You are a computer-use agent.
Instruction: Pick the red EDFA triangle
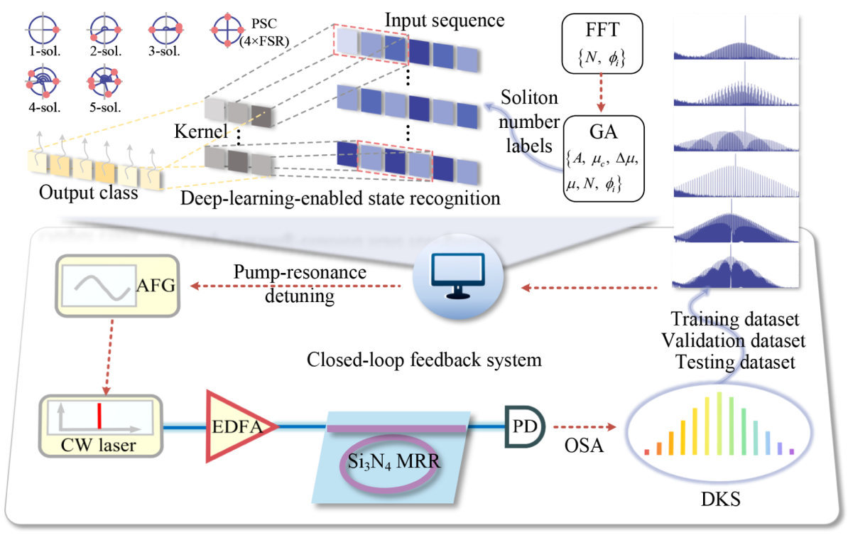pos(232,426)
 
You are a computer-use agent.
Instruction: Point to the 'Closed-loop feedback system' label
pos(424,360)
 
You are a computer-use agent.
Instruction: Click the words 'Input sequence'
pos(444,19)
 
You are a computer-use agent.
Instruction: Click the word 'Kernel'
pos(200,132)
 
